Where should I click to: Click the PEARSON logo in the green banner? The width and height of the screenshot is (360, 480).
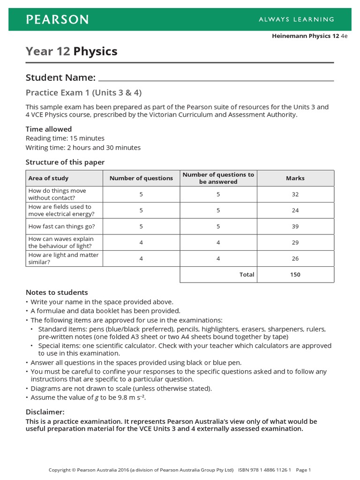tap(57, 19)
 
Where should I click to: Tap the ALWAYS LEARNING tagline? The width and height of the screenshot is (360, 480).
tap(296, 19)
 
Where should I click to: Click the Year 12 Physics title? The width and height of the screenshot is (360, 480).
tap(71, 51)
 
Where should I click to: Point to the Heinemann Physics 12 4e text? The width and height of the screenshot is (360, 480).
tap(309, 36)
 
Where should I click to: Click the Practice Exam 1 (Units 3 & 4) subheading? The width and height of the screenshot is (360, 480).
tap(83, 92)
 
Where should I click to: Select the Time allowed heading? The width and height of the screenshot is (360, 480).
tap(49, 129)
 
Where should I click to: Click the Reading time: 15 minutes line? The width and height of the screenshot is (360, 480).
tap(65, 138)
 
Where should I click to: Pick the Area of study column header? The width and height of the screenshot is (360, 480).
tap(48, 178)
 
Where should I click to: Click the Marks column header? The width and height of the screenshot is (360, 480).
tap(295, 178)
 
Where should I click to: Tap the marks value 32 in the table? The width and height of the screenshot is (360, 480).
tap(295, 195)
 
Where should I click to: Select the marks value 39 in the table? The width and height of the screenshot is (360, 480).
tap(295, 226)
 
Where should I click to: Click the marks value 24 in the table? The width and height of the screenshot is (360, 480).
tap(295, 210)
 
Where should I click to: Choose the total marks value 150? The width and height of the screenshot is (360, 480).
tap(295, 275)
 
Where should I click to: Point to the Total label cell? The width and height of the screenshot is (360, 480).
tap(247, 275)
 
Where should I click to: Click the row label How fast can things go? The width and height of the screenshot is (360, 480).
tap(61, 226)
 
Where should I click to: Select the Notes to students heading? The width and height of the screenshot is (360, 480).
tap(57, 292)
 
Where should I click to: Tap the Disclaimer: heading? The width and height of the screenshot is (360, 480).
tap(45, 412)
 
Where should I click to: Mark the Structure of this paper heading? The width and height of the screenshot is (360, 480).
tap(65, 162)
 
